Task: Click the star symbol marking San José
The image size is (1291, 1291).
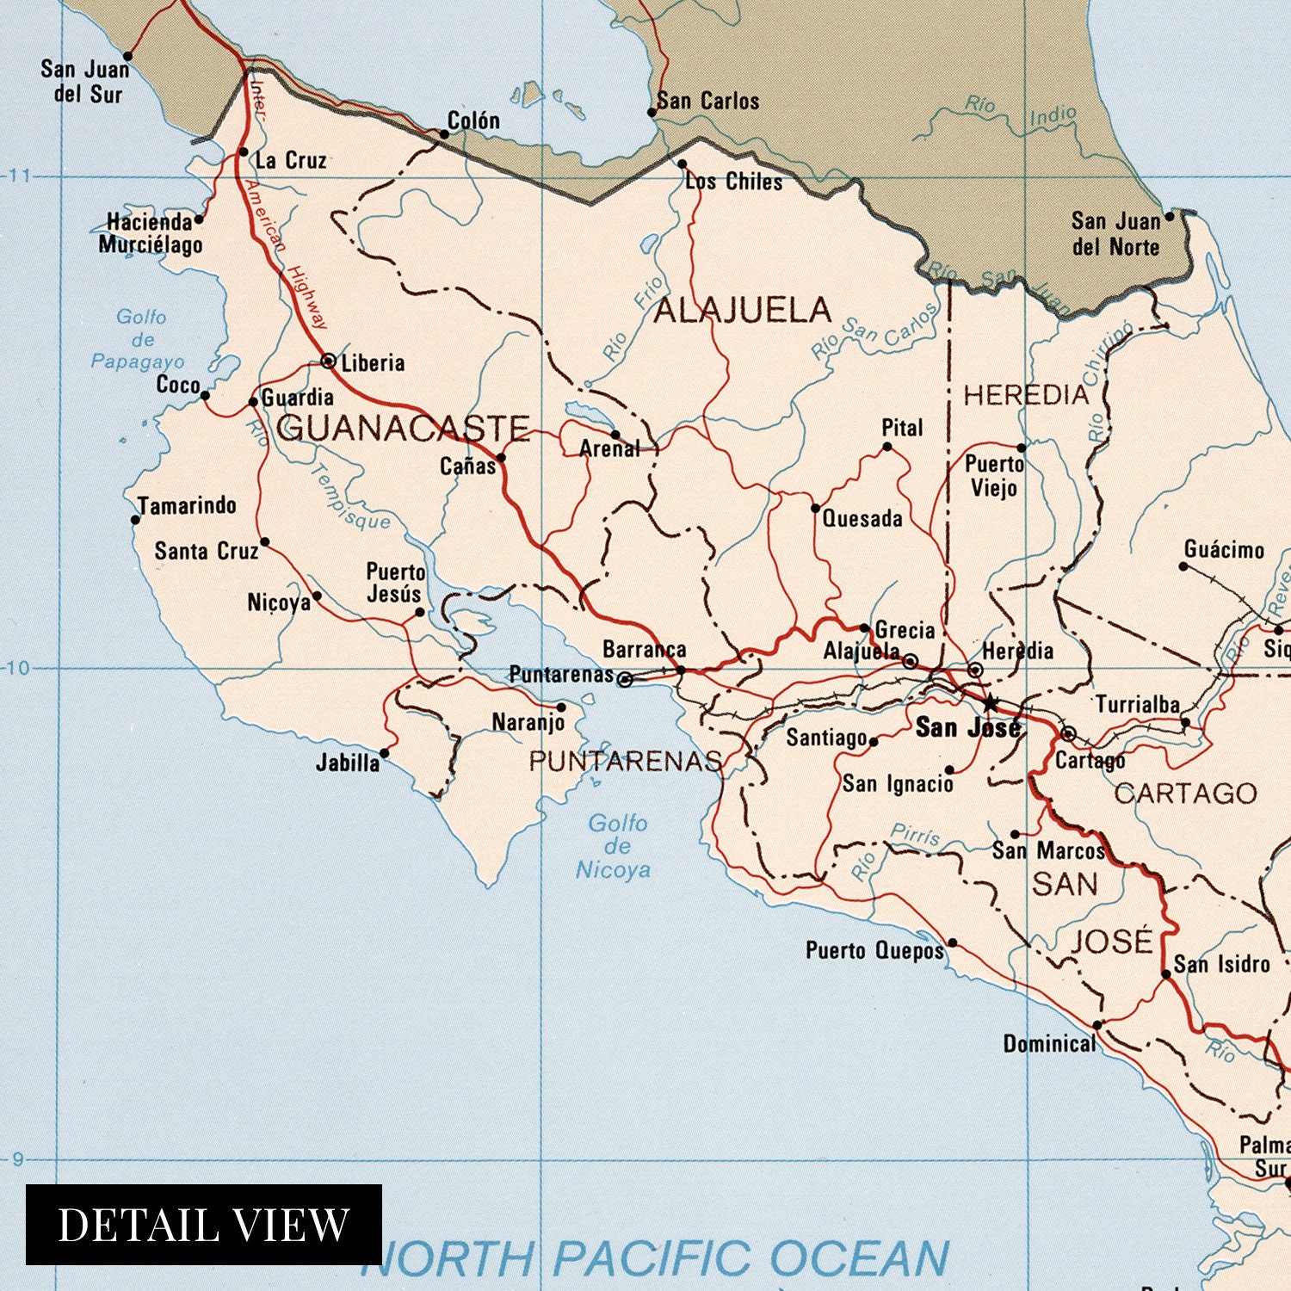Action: pyautogui.click(x=990, y=703)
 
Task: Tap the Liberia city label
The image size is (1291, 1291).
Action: pyautogui.click(x=373, y=363)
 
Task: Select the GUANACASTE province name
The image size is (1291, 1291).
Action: pyautogui.click(x=403, y=428)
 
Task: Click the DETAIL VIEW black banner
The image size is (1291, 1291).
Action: pyautogui.click(x=203, y=1224)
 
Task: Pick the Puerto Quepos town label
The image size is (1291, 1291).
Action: pyautogui.click(x=874, y=951)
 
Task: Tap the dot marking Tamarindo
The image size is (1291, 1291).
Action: pyautogui.click(x=135, y=520)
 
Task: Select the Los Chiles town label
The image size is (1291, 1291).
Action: pyautogui.click(x=734, y=182)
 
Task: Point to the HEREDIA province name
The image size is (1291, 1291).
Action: pyautogui.click(x=1026, y=395)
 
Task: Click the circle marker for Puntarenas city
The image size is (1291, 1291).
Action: pyautogui.click(x=626, y=680)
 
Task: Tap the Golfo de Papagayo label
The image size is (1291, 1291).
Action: pyautogui.click(x=139, y=340)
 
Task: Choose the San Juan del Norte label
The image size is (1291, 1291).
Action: pyautogui.click(x=1115, y=234)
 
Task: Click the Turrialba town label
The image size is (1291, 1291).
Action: pyautogui.click(x=1136, y=705)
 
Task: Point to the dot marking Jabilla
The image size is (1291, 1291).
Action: pyautogui.click(x=384, y=753)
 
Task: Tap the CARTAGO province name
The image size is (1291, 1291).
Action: pyautogui.click(x=1185, y=794)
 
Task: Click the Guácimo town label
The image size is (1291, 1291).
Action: pyautogui.click(x=1224, y=550)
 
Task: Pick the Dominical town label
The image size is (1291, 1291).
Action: pyautogui.click(x=1049, y=1044)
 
